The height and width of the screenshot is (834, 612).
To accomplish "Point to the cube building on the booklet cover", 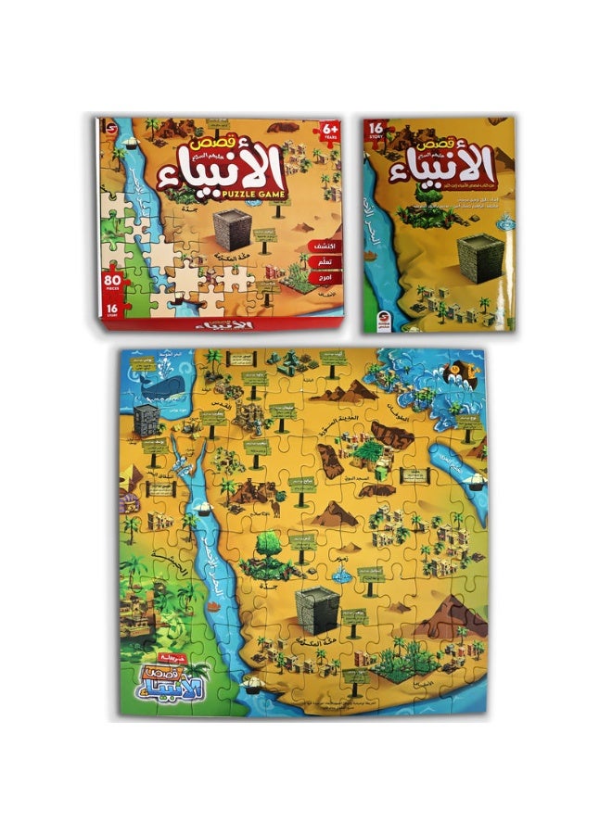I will tap(480, 250).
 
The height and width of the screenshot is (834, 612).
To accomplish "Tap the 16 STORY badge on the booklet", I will tap(376, 129).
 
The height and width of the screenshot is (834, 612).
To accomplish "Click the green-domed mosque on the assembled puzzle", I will tap(369, 451).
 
